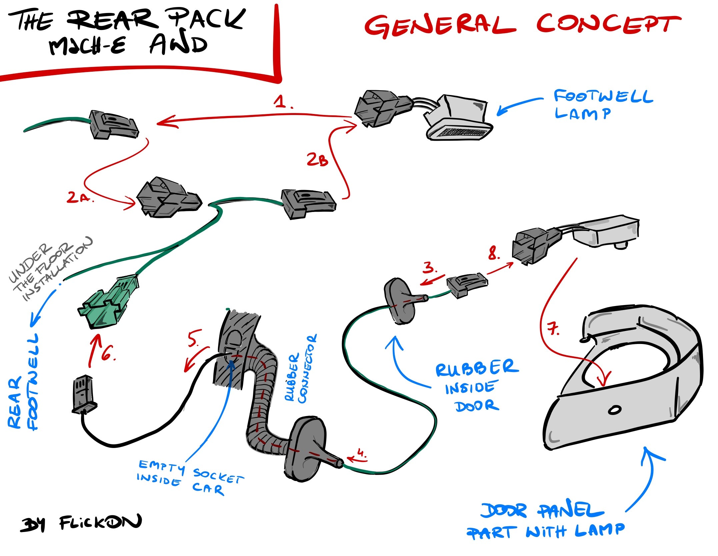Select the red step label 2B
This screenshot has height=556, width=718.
coord(317,159)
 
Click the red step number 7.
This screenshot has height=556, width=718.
coord(553,329)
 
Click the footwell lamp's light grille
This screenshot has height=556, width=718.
coord(462,133)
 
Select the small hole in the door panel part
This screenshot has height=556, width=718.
coord(614,410)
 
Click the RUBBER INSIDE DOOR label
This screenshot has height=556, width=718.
coord(477,386)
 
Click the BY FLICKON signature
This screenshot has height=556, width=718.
coord(81,523)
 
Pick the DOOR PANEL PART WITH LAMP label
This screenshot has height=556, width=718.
coord(545,522)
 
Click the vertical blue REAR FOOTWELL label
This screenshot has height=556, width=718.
coord(23,382)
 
